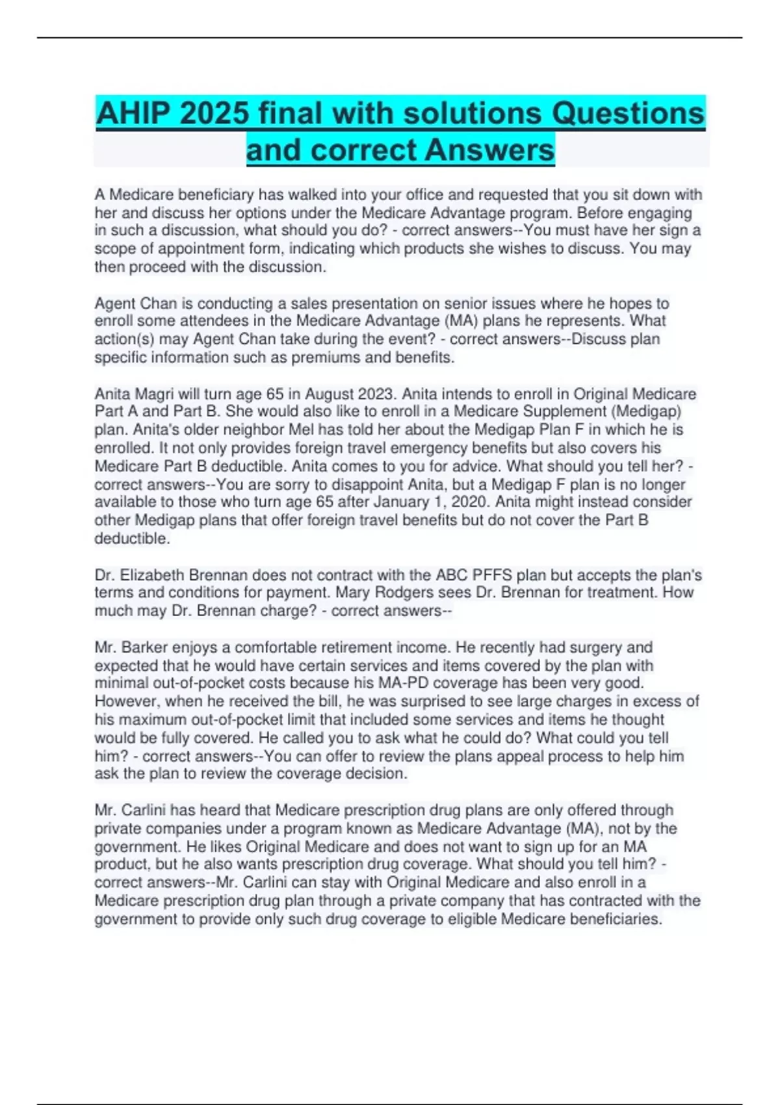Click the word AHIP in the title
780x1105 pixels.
click(x=133, y=114)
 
